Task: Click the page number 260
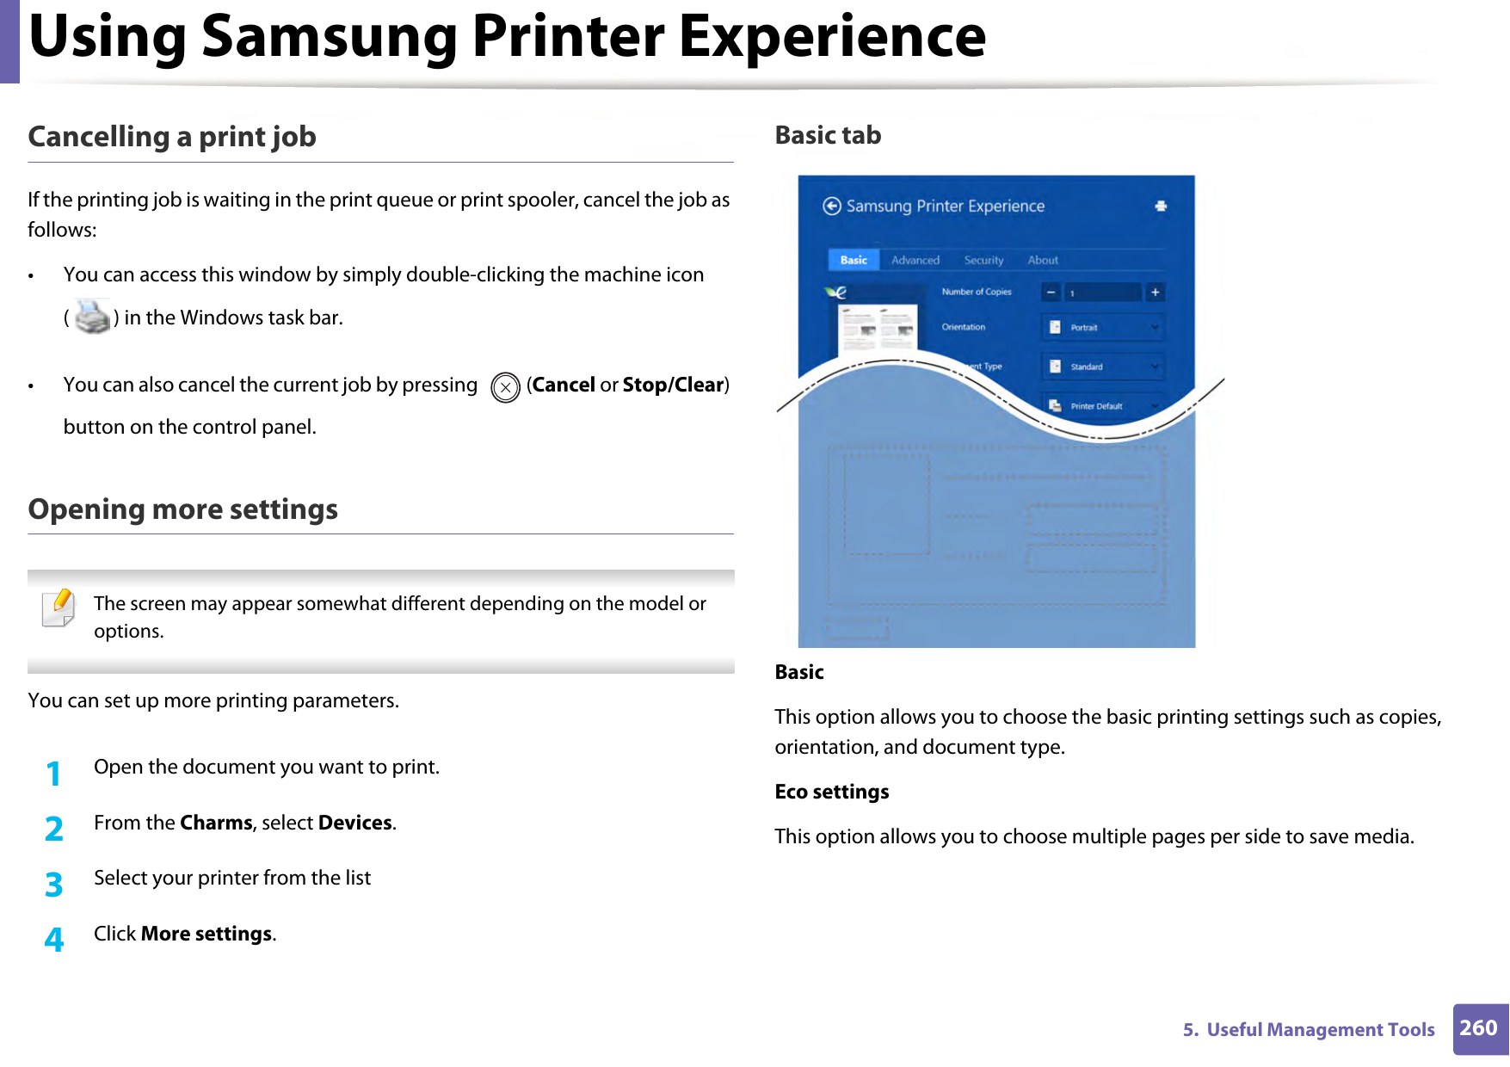pyautogui.click(x=1479, y=1028)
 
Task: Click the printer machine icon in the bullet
pyautogui.click(x=92, y=318)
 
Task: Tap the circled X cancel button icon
pyautogui.click(x=505, y=387)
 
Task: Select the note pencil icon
pyautogui.click(x=59, y=608)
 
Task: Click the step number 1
pyautogui.click(x=53, y=774)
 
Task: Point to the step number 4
pyautogui.click(x=53, y=939)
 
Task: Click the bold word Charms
pyautogui.click(x=216, y=823)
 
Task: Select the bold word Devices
pyautogui.click(x=354, y=823)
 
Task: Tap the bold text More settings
pyautogui.click(x=206, y=934)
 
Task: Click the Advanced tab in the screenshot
pyautogui.click(x=915, y=260)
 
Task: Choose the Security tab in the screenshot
pyautogui.click(x=983, y=260)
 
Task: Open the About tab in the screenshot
pyautogui.click(x=1043, y=260)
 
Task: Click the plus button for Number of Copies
pyautogui.click(x=1155, y=293)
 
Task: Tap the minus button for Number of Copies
pyautogui.click(x=1051, y=293)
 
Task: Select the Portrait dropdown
pyautogui.click(x=1103, y=328)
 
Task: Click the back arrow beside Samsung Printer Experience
pyautogui.click(x=831, y=206)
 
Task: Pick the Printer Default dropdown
pyautogui.click(x=1103, y=406)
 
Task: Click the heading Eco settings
pyautogui.click(x=831, y=792)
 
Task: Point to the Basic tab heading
pyautogui.click(x=828, y=135)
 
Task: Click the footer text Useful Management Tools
pyautogui.click(x=1320, y=1030)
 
